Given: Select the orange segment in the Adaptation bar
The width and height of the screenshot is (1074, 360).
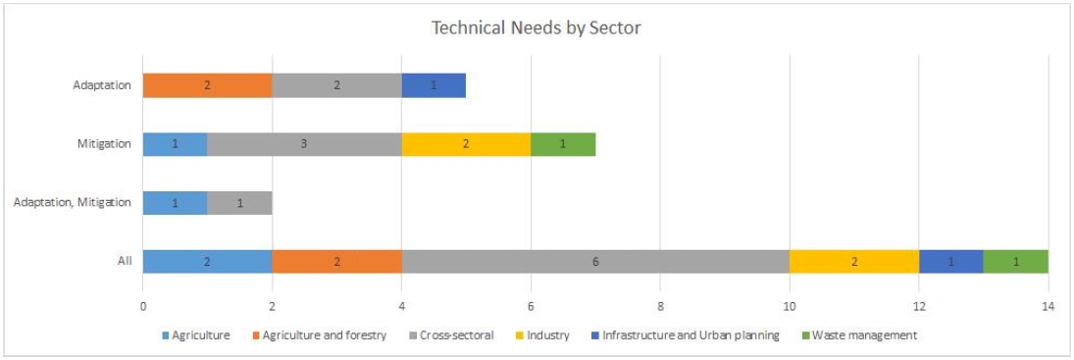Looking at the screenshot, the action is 208,86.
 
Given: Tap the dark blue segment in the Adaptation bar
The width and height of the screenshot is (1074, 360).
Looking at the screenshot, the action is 435,86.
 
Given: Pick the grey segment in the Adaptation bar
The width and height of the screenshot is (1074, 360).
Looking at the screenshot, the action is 337,86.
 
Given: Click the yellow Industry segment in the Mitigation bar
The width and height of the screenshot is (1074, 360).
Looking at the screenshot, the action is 467,144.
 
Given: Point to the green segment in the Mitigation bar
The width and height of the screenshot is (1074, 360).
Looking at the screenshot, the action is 564,144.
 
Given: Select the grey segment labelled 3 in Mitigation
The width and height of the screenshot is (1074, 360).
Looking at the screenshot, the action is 305,144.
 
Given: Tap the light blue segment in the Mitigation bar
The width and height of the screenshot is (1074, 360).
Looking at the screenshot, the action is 176,144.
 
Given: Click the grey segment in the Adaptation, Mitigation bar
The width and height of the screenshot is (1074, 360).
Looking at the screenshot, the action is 239,203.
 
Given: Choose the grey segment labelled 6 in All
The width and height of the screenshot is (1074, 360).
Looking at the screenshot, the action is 596,262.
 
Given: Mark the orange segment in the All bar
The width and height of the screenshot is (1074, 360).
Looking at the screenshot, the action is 337,262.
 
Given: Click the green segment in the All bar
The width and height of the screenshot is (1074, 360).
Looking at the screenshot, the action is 1016,262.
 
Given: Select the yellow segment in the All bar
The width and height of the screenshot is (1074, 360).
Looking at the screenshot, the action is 854,262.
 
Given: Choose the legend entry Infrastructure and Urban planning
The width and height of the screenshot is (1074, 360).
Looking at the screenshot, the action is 689,335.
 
